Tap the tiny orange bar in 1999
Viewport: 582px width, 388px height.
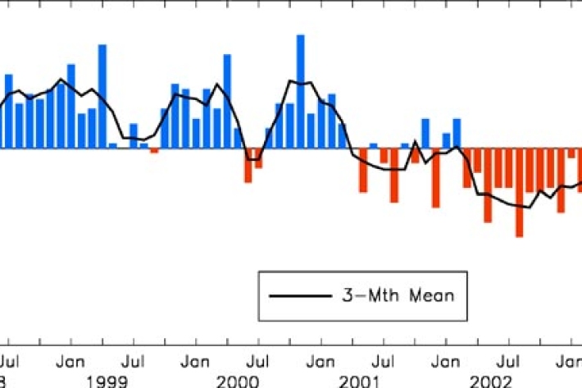(154, 151)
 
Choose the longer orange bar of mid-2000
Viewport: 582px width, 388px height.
(248, 165)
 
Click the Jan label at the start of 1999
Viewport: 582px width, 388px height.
(70, 361)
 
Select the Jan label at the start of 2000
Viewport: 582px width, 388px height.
(195, 361)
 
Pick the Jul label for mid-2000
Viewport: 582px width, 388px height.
(258, 361)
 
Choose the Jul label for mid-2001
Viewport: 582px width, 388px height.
(383, 361)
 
